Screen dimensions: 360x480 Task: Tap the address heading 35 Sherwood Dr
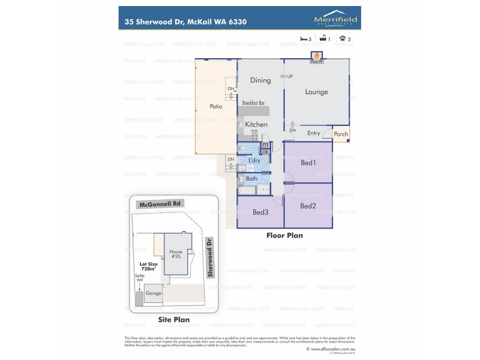(x=185, y=22)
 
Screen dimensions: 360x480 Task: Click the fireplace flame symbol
(x=316, y=55)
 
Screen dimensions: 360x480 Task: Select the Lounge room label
(x=316, y=92)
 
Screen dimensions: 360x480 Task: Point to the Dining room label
(x=260, y=80)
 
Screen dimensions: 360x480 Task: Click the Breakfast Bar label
(x=254, y=103)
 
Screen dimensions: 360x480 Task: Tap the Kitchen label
(x=256, y=124)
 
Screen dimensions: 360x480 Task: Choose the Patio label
(x=216, y=107)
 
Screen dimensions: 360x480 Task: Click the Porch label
(x=341, y=134)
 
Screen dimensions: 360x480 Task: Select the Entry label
(x=313, y=133)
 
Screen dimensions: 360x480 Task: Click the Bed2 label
(x=308, y=206)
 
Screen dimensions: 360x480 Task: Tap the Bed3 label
(x=260, y=212)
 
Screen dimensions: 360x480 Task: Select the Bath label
(x=251, y=178)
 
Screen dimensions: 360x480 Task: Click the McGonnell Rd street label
(x=160, y=204)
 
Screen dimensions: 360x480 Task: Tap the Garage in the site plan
(x=153, y=294)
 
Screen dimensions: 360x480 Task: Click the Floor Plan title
(x=284, y=236)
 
